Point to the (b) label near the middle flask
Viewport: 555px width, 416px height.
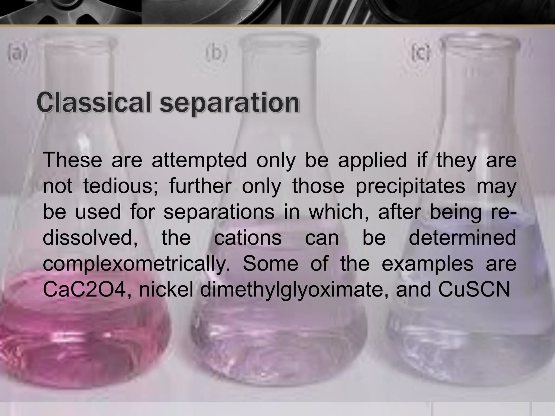click(216, 53)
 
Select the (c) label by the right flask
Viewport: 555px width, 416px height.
click(420, 53)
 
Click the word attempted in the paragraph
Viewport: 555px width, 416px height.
click(199, 161)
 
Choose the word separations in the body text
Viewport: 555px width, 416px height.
click(219, 212)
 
